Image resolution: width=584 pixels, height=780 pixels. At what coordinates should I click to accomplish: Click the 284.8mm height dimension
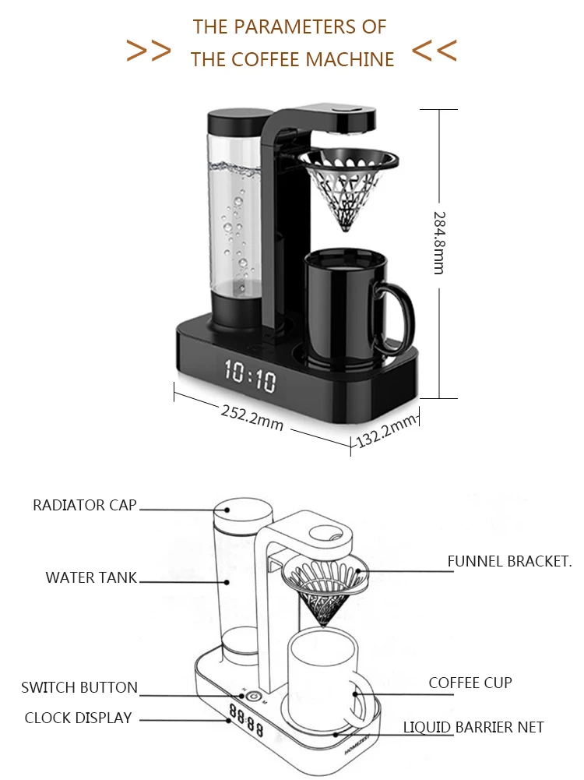click(439, 243)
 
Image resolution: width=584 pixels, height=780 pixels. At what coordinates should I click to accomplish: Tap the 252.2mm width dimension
click(252, 418)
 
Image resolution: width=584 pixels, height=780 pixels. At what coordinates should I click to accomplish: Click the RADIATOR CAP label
click(85, 506)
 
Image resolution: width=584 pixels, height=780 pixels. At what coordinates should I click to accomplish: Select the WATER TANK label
click(91, 577)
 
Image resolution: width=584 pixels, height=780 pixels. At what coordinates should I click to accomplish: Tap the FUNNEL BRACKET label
click(509, 562)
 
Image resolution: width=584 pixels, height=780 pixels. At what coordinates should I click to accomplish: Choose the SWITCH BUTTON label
click(79, 687)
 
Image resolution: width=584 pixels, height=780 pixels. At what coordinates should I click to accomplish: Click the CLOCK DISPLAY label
click(79, 718)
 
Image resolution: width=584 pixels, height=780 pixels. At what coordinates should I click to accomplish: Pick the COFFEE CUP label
click(470, 683)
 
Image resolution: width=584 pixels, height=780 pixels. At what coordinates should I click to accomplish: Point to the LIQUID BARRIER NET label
click(473, 727)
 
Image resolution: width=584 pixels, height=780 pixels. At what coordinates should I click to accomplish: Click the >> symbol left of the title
click(148, 51)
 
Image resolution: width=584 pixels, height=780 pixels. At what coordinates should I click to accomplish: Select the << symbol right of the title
click(434, 51)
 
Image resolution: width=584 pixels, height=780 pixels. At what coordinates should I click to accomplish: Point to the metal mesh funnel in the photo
click(349, 189)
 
